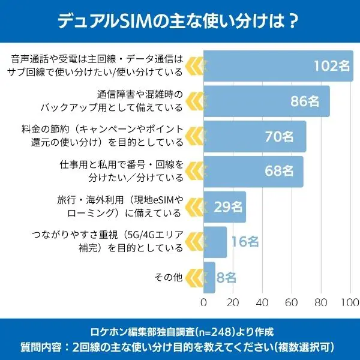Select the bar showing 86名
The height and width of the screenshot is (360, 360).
point(266,101)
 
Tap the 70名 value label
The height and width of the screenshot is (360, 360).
point(279,136)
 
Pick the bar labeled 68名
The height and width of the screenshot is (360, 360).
point(253,172)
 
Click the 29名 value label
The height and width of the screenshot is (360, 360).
point(228,207)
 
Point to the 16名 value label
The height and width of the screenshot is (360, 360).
point(245,242)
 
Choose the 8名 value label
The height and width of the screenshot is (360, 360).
point(226,277)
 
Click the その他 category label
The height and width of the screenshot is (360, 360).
point(169,277)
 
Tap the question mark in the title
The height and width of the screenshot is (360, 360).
point(293,22)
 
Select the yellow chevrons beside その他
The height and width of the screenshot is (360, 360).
point(193,277)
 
